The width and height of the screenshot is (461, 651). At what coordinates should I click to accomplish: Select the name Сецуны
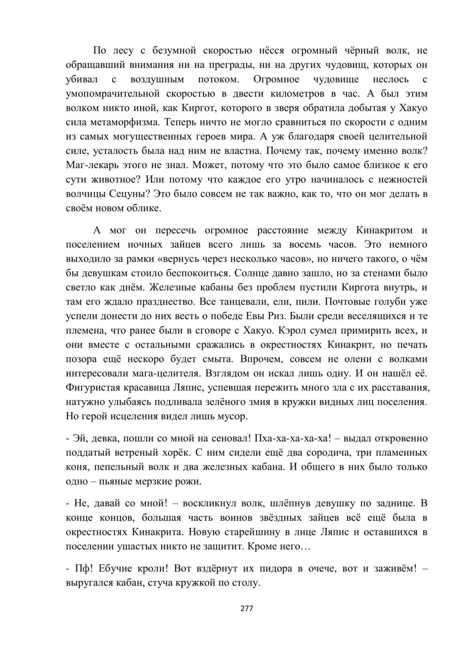130,194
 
